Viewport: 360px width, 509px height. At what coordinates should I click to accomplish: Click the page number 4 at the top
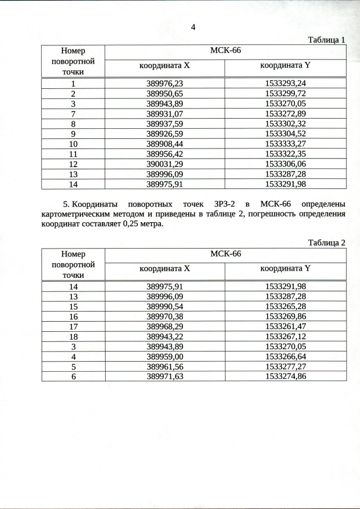coord(193,27)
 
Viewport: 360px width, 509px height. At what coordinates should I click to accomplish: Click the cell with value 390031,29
coord(165,164)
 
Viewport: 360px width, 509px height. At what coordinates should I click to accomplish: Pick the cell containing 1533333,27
coord(285,143)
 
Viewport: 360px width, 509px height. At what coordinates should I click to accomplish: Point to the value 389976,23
coord(165,83)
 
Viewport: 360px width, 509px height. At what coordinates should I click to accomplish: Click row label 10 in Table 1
coord(73,143)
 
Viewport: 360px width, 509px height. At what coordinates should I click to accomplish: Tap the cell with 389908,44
coord(165,143)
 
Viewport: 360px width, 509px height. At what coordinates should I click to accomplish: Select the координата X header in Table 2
coord(165,269)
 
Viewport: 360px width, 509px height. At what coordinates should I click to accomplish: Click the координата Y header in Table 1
coord(285,66)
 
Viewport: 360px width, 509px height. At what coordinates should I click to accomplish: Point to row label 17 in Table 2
coord(73,327)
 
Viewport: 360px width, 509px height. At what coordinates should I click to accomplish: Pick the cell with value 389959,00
coord(165,356)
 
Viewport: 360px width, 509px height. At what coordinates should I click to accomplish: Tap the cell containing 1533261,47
coord(285,327)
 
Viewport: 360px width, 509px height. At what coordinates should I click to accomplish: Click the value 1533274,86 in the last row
coord(285,376)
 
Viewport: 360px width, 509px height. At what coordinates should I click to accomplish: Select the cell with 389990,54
coord(165,307)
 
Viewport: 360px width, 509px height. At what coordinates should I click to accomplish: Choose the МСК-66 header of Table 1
coord(225,51)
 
